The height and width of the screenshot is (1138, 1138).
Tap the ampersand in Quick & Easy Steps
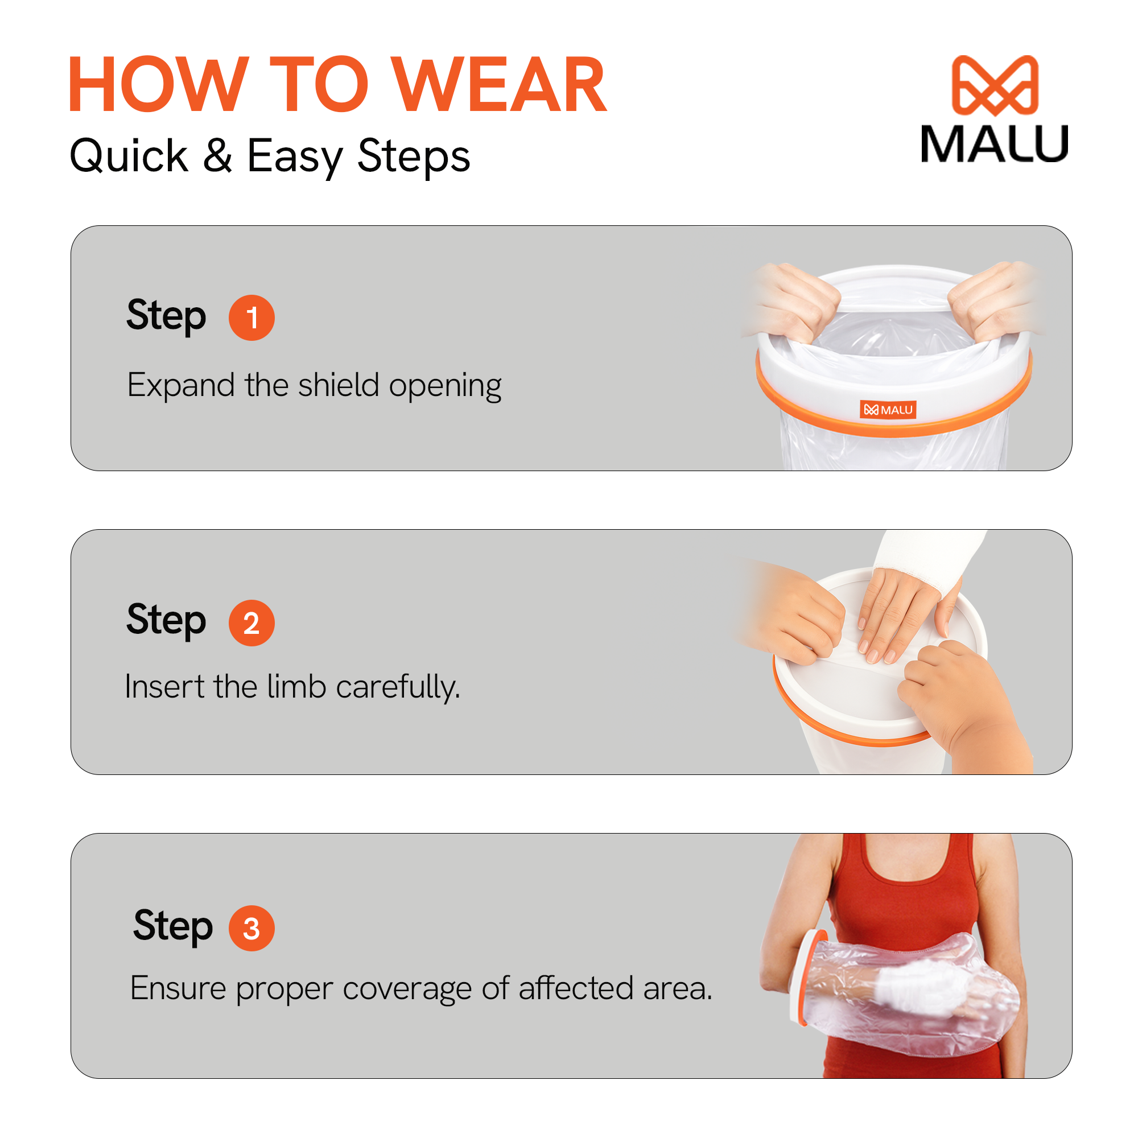pos(217,155)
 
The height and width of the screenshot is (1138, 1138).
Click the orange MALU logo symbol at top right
pos(995,85)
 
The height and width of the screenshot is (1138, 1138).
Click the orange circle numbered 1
pos(251,318)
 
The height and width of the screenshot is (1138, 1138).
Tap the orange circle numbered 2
pos(251,622)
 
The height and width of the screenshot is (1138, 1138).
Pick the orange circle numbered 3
pos(251,927)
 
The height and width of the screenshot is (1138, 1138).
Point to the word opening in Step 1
pos(446,386)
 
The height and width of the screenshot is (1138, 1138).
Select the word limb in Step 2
pos(296,686)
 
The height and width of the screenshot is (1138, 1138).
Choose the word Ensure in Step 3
pos(178,988)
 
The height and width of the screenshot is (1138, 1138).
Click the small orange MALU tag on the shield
pos(887,410)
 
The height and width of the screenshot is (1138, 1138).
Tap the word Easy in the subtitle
pos(295,156)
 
